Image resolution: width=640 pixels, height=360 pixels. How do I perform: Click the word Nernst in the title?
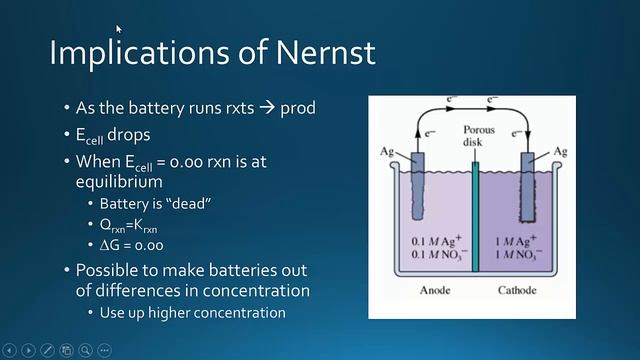point(326,52)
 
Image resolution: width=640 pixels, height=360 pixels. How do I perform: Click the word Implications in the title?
point(140,53)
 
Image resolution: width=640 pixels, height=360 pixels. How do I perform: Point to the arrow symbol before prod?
point(267,108)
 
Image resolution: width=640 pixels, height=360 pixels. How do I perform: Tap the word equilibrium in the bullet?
point(119,182)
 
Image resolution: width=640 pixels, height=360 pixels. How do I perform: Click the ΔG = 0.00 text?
point(131,245)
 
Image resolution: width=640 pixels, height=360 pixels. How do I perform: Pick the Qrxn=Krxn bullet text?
point(128,226)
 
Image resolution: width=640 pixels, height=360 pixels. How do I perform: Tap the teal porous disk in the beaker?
point(475,216)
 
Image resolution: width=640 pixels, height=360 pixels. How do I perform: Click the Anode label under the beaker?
point(435,290)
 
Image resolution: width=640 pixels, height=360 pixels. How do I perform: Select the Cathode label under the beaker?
point(517,290)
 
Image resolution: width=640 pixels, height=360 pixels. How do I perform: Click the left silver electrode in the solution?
point(418,186)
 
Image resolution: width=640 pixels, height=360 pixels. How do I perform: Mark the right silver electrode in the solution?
point(527,187)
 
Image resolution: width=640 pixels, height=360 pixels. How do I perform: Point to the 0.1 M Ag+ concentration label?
point(436,240)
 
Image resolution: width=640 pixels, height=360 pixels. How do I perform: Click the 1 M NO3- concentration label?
point(519,255)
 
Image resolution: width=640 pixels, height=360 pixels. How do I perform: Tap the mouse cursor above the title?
point(118,29)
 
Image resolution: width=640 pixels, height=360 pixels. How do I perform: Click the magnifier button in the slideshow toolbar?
point(85,350)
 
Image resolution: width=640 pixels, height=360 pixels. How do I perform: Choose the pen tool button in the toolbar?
point(47,350)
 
